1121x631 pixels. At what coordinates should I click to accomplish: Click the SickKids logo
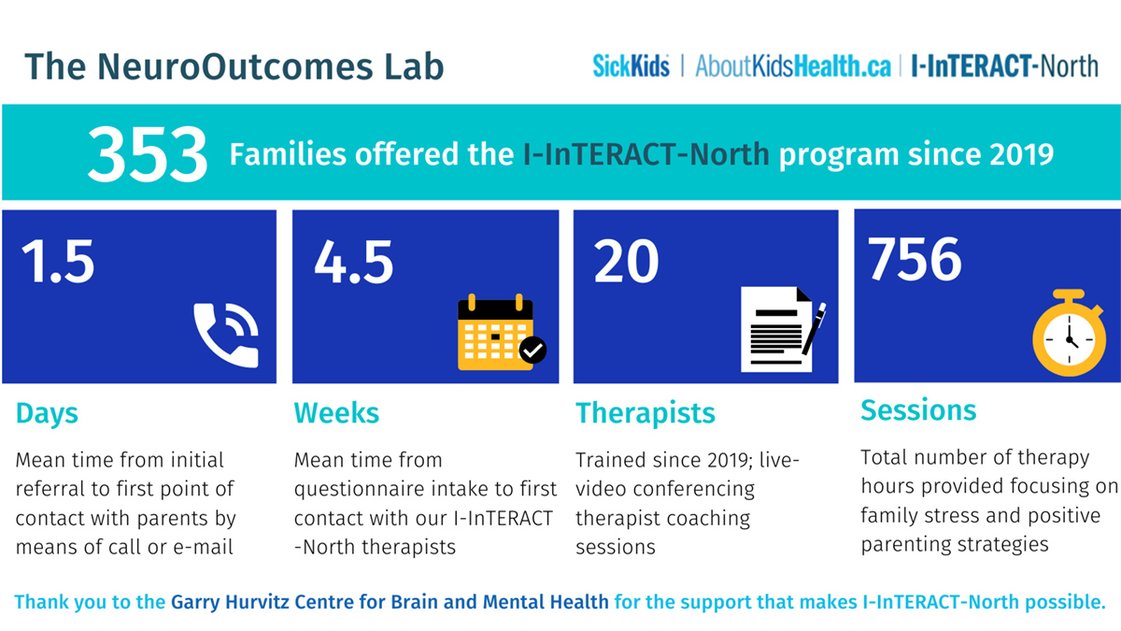[631, 66]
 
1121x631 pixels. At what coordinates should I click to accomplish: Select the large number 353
[148, 154]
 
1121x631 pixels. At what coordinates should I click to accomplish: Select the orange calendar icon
[496, 333]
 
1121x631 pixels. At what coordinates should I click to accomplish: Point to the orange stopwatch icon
[1068, 333]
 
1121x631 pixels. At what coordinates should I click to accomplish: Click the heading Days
[47, 413]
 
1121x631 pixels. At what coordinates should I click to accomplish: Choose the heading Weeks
[336, 413]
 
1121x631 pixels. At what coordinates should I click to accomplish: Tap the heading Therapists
[646, 413]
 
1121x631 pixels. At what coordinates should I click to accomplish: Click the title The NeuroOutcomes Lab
[234, 66]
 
